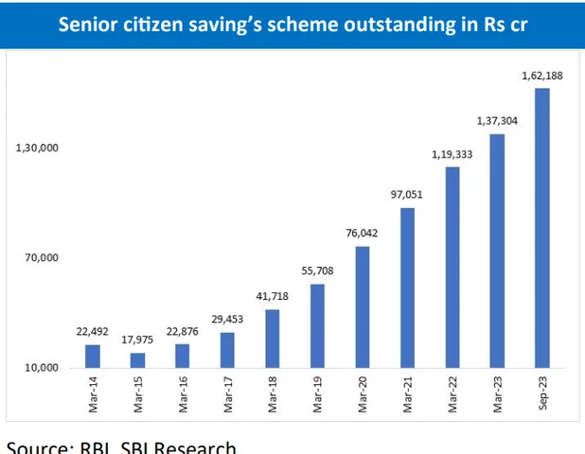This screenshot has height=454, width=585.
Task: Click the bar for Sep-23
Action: (x=542, y=228)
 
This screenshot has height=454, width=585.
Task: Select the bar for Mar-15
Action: (x=138, y=359)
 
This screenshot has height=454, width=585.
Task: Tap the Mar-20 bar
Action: (x=363, y=306)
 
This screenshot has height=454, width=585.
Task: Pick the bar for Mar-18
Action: (x=273, y=338)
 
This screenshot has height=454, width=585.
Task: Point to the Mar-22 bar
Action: (x=452, y=267)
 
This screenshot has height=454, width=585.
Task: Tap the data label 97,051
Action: (x=407, y=194)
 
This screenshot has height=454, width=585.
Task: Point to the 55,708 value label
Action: (x=317, y=271)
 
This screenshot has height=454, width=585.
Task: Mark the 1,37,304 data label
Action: (x=497, y=121)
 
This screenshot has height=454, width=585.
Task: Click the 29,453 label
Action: (x=227, y=319)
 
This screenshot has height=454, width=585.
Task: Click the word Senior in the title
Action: (x=89, y=24)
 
